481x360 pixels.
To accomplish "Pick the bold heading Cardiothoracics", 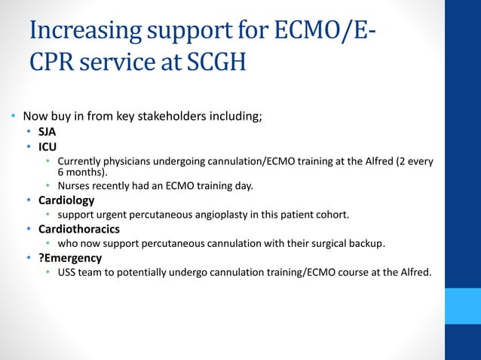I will tap(79, 229).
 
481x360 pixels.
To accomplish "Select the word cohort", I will tap(331, 215).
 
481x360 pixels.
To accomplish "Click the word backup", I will tap(366, 243).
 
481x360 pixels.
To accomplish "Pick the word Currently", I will tap(81, 161).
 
